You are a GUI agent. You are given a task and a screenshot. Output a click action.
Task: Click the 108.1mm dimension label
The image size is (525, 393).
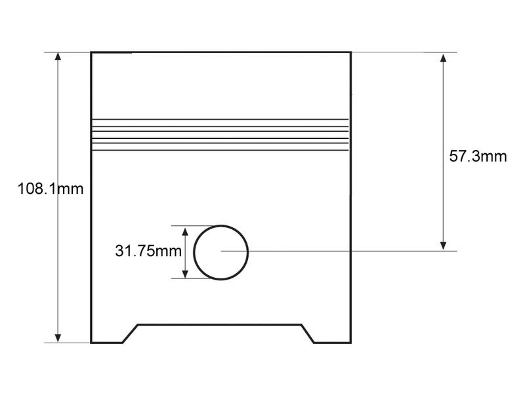(51, 190)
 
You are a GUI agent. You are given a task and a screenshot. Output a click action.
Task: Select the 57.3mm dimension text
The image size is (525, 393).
(478, 157)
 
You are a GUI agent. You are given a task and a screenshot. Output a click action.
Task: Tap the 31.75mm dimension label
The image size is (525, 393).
(148, 251)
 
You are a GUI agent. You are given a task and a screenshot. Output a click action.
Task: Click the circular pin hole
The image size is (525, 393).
(221, 252)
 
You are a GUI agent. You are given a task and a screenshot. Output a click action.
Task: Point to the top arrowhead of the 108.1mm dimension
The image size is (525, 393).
(58, 56)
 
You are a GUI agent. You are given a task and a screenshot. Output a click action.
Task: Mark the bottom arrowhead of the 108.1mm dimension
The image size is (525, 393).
(58, 338)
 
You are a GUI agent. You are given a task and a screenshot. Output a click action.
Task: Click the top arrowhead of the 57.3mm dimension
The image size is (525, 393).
(444, 58)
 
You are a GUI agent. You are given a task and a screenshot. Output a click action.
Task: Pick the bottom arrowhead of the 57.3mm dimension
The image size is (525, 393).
(444, 246)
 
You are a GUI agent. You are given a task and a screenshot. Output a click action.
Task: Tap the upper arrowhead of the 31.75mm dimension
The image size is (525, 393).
(186, 231)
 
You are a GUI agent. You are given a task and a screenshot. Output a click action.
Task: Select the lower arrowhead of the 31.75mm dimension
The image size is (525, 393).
(186, 273)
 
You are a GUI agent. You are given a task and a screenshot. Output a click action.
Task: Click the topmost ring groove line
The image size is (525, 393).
(220, 119)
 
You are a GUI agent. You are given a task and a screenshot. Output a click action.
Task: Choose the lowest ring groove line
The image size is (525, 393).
(220, 151)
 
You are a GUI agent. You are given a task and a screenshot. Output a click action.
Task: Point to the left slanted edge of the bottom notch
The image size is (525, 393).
(130, 333)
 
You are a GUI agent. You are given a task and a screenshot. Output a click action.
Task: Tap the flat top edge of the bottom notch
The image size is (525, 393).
(220, 324)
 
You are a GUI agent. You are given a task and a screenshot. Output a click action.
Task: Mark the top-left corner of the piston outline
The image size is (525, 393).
(91, 52)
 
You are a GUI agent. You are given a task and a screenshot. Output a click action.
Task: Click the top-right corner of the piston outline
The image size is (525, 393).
(350, 52)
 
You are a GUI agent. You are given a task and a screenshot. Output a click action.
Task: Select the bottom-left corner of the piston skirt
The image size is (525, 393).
(91, 343)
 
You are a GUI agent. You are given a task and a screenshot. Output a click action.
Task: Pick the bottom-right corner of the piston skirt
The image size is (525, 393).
(350, 343)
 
